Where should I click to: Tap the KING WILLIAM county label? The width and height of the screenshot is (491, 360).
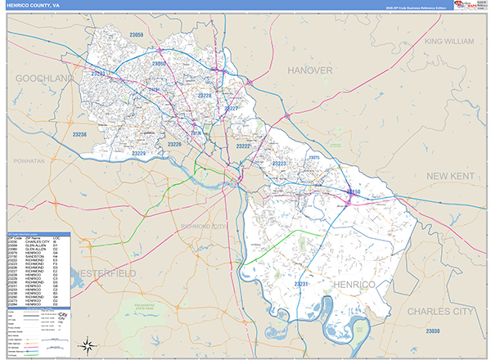point(449,41)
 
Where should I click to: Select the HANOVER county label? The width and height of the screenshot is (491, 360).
point(309,70)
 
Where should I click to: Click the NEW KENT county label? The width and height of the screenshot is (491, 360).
point(450,176)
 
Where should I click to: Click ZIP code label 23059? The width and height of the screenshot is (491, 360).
point(136,35)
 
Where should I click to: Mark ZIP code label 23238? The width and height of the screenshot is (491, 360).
point(79,133)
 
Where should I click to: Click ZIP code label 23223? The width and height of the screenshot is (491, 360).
point(278,164)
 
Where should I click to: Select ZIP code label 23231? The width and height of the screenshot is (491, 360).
point(301,284)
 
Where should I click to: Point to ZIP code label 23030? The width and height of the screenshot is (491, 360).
point(432,331)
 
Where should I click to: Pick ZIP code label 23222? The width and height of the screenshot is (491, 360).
point(243,146)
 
